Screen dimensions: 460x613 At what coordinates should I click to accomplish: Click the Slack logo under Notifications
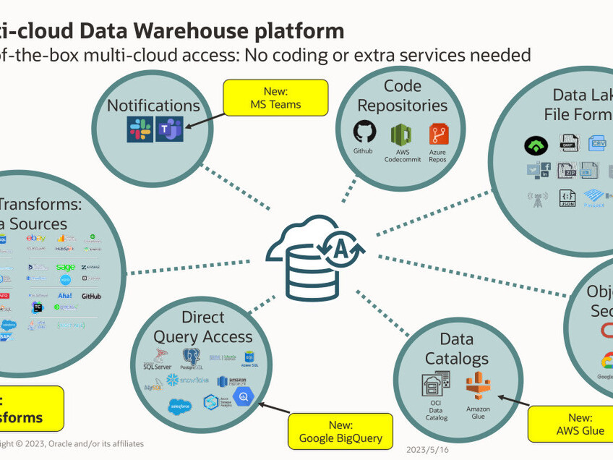(140, 129)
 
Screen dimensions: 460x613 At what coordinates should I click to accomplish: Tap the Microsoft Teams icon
(169, 129)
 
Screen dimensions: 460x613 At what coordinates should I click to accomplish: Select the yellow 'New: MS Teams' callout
(275, 98)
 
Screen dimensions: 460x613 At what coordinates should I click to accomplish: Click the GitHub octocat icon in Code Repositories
(364, 132)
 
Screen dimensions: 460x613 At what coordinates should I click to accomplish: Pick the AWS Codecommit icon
(401, 135)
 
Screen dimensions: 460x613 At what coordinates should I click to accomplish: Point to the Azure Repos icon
(438, 135)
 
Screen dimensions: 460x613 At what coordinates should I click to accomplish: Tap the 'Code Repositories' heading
(402, 96)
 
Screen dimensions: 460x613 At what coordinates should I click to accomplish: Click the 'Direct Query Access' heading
(203, 327)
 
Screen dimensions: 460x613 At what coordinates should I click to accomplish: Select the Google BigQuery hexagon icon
(244, 396)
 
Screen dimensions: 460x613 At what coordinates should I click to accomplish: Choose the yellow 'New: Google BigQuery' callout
(340, 432)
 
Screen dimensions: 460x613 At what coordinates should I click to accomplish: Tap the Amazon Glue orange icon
(478, 386)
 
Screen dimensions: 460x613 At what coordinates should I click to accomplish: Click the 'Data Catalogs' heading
(456, 349)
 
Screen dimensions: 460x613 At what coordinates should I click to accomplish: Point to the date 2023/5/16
(427, 449)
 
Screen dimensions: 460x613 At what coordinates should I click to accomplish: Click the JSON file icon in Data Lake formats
(567, 198)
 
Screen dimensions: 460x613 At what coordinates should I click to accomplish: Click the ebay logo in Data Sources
(36, 238)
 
